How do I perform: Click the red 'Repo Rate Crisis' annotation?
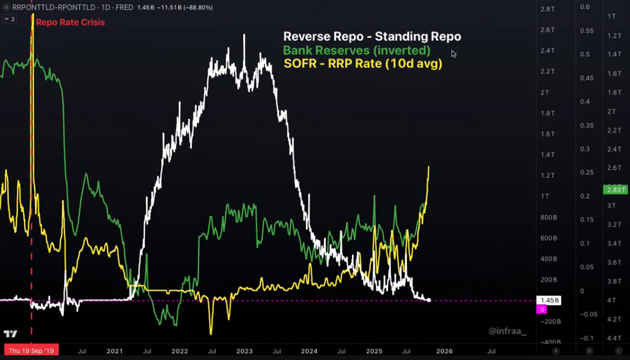[x=70, y=22]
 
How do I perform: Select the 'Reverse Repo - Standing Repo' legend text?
[x=372, y=36]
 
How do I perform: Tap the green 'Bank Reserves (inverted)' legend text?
[x=356, y=51]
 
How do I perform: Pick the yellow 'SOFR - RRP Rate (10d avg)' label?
[x=363, y=64]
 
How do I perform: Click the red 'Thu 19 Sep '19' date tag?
[x=31, y=351]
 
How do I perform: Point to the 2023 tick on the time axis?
[x=244, y=351]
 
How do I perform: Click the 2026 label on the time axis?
[x=444, y=351]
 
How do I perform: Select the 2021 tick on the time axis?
[x=114, y=351]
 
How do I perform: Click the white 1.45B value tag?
[x=548, y=301]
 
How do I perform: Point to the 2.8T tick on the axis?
[x=548, y=9]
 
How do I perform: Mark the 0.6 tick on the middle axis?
[x=585, y=7]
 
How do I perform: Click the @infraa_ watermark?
[x=507, y=331]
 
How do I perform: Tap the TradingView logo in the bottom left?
[x=10, y=334]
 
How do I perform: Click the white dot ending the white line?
[x=429, y=300]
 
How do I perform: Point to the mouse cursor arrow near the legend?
[x=453, y=53]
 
